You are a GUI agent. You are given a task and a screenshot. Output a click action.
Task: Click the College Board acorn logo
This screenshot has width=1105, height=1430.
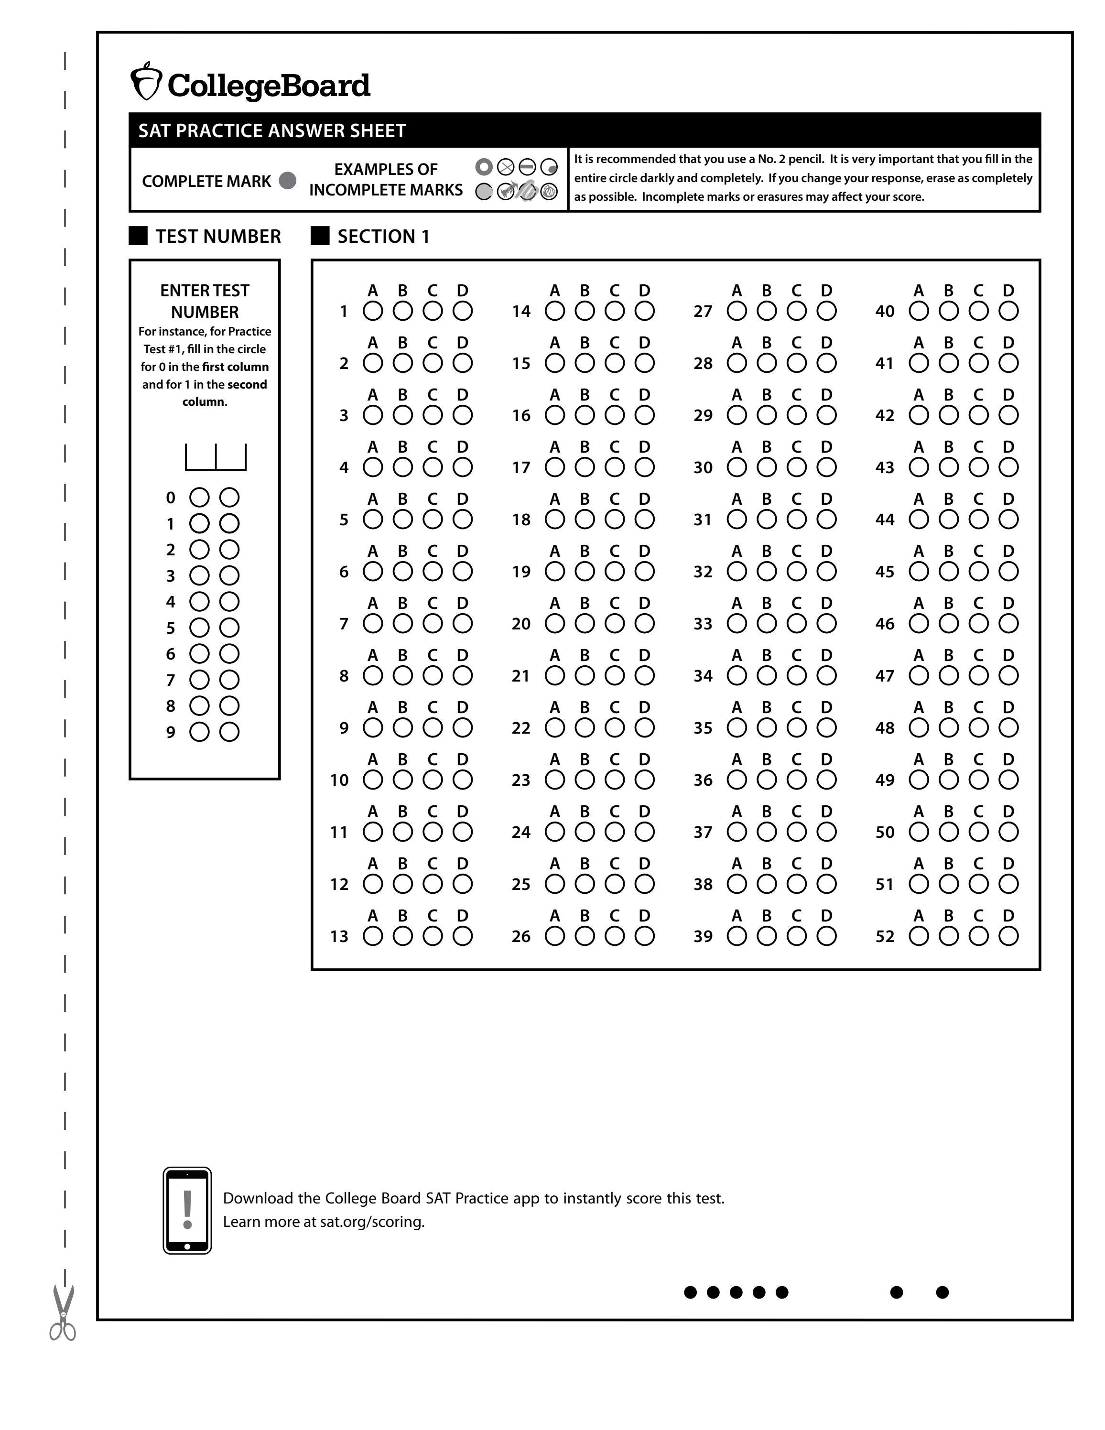[145, 82]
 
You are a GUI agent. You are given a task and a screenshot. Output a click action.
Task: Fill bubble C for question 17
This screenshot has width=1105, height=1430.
[615, 467]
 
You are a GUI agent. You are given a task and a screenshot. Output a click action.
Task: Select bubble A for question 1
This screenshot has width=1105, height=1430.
[372, 311]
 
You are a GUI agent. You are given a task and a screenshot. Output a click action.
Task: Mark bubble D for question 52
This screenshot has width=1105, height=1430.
[1008, 936]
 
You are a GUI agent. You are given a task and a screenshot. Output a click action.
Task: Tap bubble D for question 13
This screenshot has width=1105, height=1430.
[463, 936]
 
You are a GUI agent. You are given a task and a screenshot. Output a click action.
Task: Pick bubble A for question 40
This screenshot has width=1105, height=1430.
[919, 311]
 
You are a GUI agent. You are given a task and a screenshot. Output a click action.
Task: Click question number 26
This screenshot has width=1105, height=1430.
[521, 937]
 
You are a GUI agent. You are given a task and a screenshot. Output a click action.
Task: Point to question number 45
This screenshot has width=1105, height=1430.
[884, 572]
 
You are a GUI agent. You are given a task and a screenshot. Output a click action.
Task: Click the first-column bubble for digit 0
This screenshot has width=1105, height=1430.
[199, 498]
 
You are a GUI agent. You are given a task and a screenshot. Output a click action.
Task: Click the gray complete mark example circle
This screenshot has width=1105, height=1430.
[287, 181]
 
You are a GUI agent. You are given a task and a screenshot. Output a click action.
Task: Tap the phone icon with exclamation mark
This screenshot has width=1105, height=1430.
[187, 1210]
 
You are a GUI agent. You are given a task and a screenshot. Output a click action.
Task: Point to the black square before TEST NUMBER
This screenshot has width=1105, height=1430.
[138, 236]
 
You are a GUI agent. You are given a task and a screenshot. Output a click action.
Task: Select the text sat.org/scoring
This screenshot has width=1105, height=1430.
[372, 1222]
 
